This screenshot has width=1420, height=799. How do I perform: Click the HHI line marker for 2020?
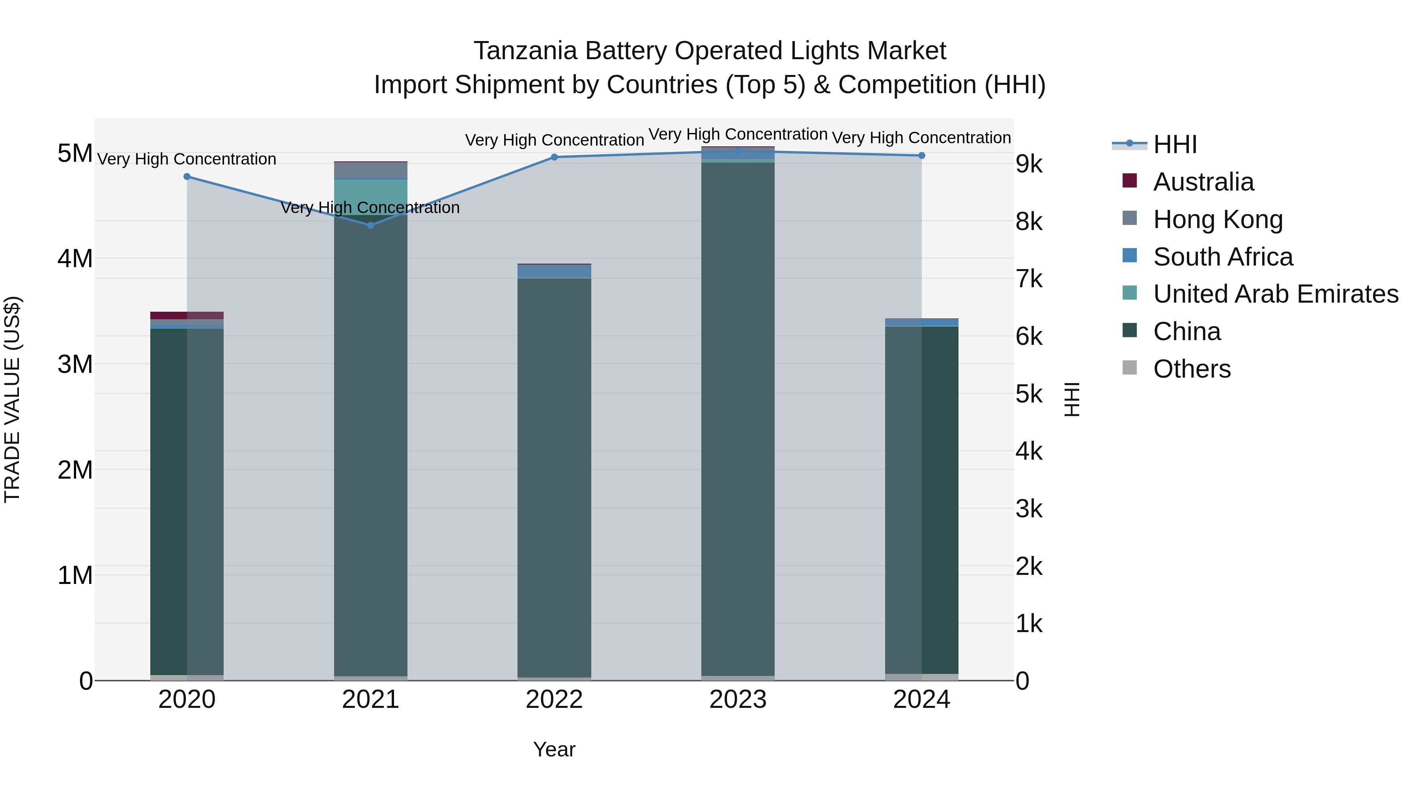tap(187, 176)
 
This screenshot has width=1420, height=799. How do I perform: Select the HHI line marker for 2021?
tap(370, 225)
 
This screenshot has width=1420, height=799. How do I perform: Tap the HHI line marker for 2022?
tap(555, 157)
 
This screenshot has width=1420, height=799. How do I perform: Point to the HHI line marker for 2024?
tap(922, 155)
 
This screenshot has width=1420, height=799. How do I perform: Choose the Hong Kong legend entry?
tap(1218, 219)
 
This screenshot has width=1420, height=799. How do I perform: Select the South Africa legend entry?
tap(1223, 257)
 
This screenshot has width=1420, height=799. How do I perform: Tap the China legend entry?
tap(1187, 331)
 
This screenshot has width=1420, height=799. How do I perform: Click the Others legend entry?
tap(1192, 369)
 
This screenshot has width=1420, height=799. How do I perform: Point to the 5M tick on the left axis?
tap(75, 153)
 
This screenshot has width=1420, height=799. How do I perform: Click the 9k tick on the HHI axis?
tap(1029, 164)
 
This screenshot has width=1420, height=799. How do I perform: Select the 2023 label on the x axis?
tap(738, 700)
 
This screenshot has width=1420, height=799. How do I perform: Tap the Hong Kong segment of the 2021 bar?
tap(370, 170)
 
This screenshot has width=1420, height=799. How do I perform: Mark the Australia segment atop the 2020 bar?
tap(187, 315)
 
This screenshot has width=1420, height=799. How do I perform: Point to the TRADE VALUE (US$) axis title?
tap(12, 399)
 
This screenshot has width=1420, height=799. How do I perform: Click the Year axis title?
tap(554, 749)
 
